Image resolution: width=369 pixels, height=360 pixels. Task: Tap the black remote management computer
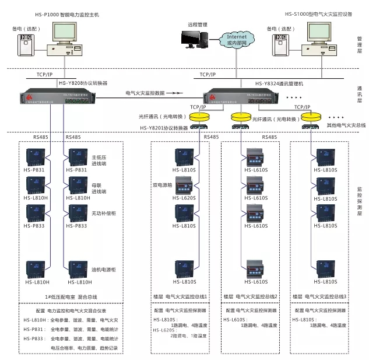[193, 39]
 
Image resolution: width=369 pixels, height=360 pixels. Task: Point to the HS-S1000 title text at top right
[318, 13]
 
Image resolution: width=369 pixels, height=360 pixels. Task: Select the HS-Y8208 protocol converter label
[83, 83]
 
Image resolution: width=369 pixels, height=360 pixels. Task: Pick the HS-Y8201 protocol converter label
[164, 128]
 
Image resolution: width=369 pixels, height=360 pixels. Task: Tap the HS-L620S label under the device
[187, 198]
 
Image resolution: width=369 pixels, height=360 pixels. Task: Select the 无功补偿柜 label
[104, 214]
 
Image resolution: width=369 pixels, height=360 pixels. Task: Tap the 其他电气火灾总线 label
[346, 125]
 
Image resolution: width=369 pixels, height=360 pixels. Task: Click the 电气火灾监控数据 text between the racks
[145, 93]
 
